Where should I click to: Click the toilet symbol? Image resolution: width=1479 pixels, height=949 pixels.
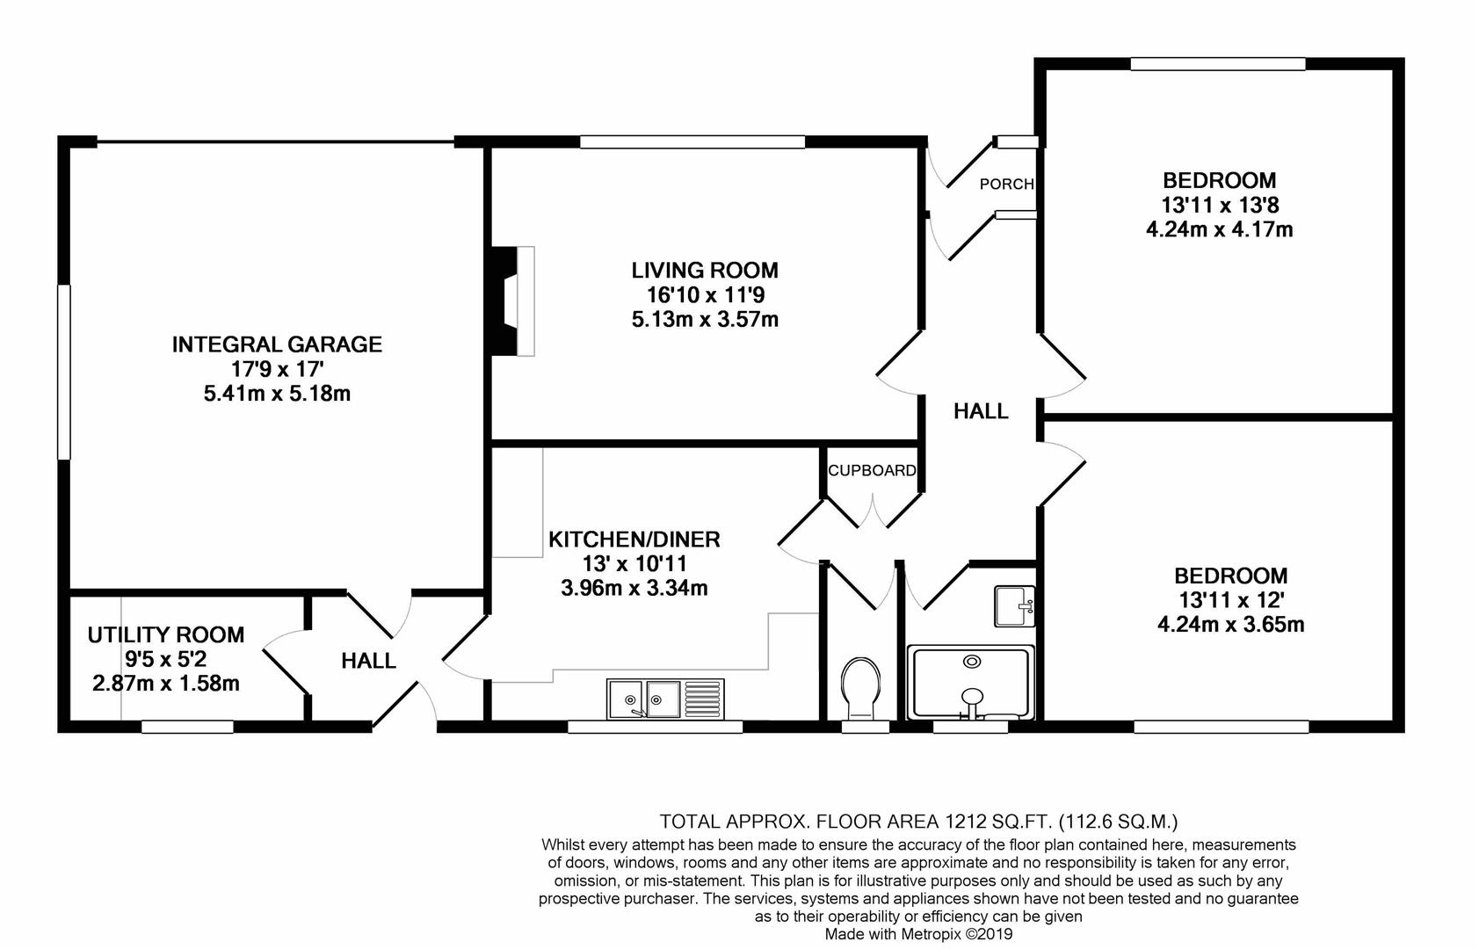pos(861,688)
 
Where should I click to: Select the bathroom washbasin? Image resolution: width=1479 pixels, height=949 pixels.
pos(1014,605)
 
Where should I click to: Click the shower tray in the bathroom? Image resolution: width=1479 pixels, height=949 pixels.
pos(970,682)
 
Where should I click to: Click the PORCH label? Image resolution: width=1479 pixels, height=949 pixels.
pos(1006,185)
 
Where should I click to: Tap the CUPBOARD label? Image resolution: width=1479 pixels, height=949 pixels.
pos(873,470)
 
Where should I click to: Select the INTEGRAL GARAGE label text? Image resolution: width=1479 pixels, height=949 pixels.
pos(277,344)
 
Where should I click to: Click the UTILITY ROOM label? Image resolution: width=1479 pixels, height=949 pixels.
pos(166,634)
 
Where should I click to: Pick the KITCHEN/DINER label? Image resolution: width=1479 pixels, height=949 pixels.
pos(634,540)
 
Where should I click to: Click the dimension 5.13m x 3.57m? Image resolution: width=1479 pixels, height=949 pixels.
pos(705,320)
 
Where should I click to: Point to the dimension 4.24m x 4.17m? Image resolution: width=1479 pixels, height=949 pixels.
pos(1219,230)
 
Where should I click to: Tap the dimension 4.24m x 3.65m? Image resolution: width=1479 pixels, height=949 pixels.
pos(1230,625)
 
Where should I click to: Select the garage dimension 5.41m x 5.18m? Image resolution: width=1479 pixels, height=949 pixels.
pos(277,394)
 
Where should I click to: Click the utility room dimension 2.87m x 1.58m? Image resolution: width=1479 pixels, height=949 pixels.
pos(166,684)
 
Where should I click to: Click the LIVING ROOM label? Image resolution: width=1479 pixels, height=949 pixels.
pos(705,270)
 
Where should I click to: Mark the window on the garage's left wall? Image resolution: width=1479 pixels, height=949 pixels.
pos(64,372)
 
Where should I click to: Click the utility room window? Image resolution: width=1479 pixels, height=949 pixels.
pos(187,727)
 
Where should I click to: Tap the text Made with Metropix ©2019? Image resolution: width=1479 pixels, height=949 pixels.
pos(918,934)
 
